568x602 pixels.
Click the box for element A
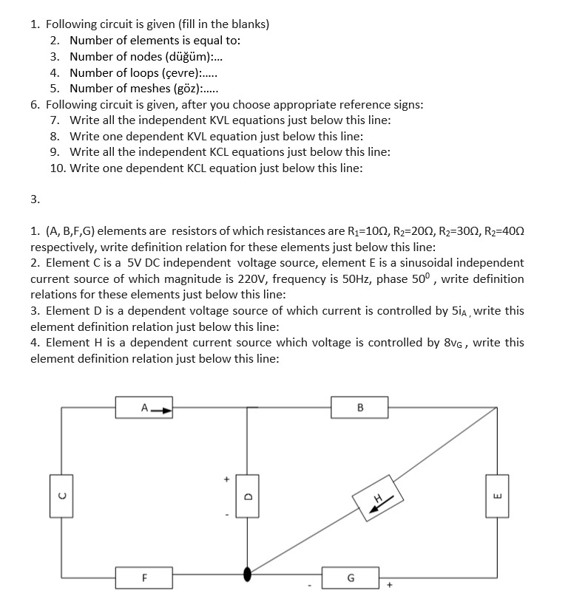coord(145,407)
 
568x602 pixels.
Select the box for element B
coord(360,407)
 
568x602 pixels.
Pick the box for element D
coord(248,496)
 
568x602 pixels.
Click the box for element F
coord(145,577)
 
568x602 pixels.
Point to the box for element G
coord(351,577)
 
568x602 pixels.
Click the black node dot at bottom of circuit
coord(248,574)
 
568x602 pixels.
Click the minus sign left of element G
coord(311,587)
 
